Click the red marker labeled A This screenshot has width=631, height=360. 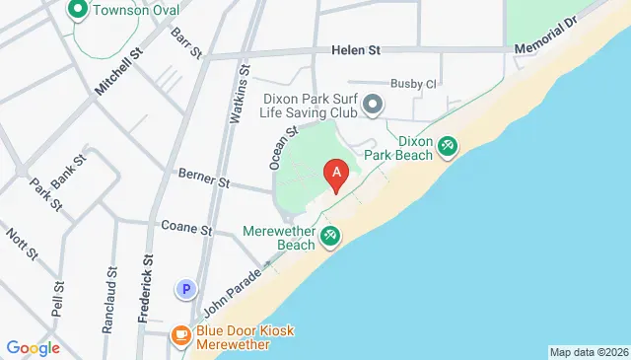(336, 176)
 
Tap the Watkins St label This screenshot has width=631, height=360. (238, 95)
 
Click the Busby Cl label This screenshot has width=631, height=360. (412, 84)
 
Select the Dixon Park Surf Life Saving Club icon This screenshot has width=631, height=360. (373, 104)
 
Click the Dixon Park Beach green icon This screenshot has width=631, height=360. (448, 147)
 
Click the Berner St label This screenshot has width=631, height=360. (203, 178)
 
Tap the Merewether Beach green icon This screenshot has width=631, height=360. (331, 236)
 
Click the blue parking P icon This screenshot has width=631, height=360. (184, 289)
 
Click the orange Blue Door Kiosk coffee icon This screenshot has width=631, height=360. (180, 336)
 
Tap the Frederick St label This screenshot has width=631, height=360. (148, 285)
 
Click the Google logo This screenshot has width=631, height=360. (33, 347)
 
